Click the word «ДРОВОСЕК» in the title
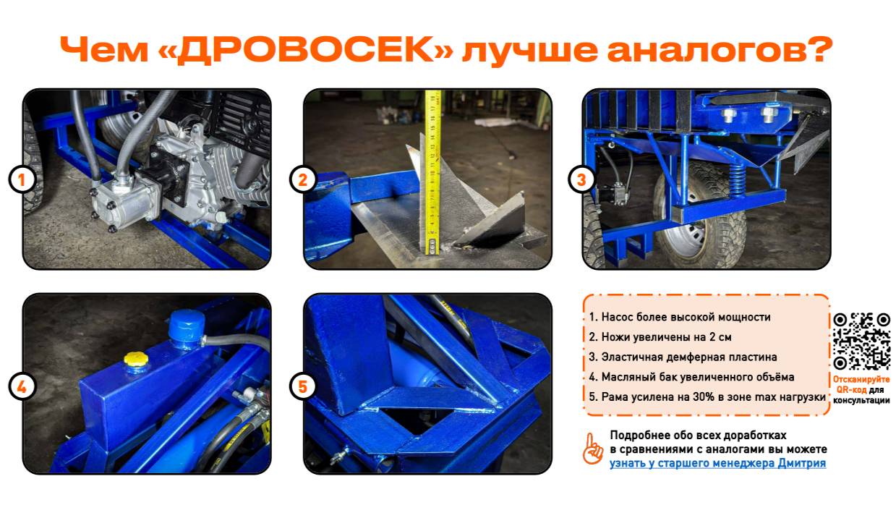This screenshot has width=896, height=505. [306, 50]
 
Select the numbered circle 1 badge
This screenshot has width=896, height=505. [22, 179]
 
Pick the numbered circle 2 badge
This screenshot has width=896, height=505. [303, 179]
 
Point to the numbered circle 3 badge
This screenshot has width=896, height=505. [582, 179]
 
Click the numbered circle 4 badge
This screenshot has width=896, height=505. [22, 386]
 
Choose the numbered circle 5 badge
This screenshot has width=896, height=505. [303, 386]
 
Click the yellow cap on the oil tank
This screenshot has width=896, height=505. [136, 359]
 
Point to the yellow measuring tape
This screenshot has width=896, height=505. [432, 172]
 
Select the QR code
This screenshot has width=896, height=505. [862, 341]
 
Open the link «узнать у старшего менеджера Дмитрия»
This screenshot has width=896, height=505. [717, 463]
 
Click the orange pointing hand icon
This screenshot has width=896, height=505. [592, 449]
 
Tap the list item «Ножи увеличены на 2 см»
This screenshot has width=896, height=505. [660, 337]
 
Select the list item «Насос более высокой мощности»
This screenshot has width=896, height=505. [680, 317]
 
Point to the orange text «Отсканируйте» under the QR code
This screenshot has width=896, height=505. [861, 379]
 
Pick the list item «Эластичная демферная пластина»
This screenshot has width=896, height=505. [683, 357]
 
